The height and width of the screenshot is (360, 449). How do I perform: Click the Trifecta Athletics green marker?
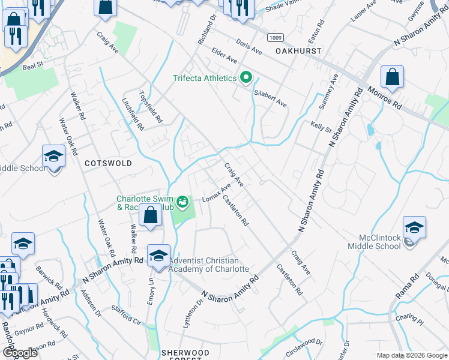[246, 78]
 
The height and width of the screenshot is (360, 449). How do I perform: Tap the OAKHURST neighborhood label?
[299, 52]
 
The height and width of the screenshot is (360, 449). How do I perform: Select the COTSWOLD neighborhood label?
[108, 163]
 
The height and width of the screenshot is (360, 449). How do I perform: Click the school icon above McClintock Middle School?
[414, 227]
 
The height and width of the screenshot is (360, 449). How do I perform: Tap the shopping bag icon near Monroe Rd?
[392, 77]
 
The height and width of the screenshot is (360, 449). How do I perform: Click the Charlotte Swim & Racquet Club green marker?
[181, 200]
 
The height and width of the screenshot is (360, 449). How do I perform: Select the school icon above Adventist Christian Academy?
[158, 256]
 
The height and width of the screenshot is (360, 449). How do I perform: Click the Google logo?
[20, 353]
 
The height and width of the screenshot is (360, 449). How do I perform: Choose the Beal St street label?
[34, 63]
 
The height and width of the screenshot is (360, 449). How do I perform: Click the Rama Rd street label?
[407, 287]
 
